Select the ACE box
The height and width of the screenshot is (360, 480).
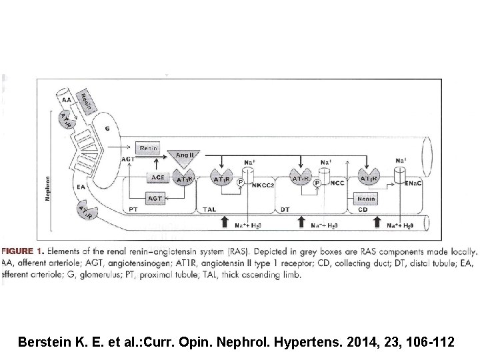[157, 178]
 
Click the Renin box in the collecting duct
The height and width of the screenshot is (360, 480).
[365, 199]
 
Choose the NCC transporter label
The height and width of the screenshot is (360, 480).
[337, 181]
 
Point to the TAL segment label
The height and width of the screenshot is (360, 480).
[209, 209]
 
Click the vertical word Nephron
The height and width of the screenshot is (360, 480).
[47, 179]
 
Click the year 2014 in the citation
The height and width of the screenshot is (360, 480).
[351, 343]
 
